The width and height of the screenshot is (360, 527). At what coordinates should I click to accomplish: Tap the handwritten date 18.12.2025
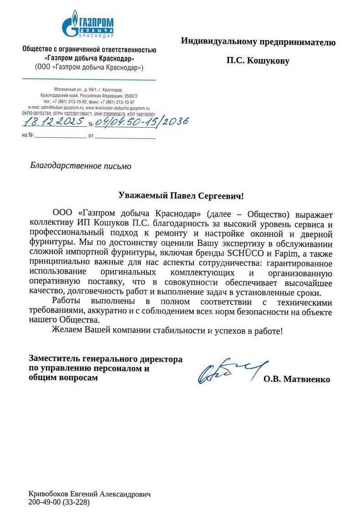click(x=54, y=122)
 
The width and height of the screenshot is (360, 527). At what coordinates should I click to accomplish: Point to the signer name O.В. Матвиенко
click(x=296, y=379)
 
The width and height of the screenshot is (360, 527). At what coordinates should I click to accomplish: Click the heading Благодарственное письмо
click(x=81, y=166)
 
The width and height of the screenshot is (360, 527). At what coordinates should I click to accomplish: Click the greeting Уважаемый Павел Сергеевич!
click(x=181, y=196)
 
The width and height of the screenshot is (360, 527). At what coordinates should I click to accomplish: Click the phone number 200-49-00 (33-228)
click(x=59, y=503)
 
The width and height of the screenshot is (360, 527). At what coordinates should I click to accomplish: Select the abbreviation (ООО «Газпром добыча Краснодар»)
click(x=89, y=67)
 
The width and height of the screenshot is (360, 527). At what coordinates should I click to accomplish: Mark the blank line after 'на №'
click(x=61, y=136)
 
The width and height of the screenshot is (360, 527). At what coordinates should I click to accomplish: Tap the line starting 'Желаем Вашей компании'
click(x=167, y=331)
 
